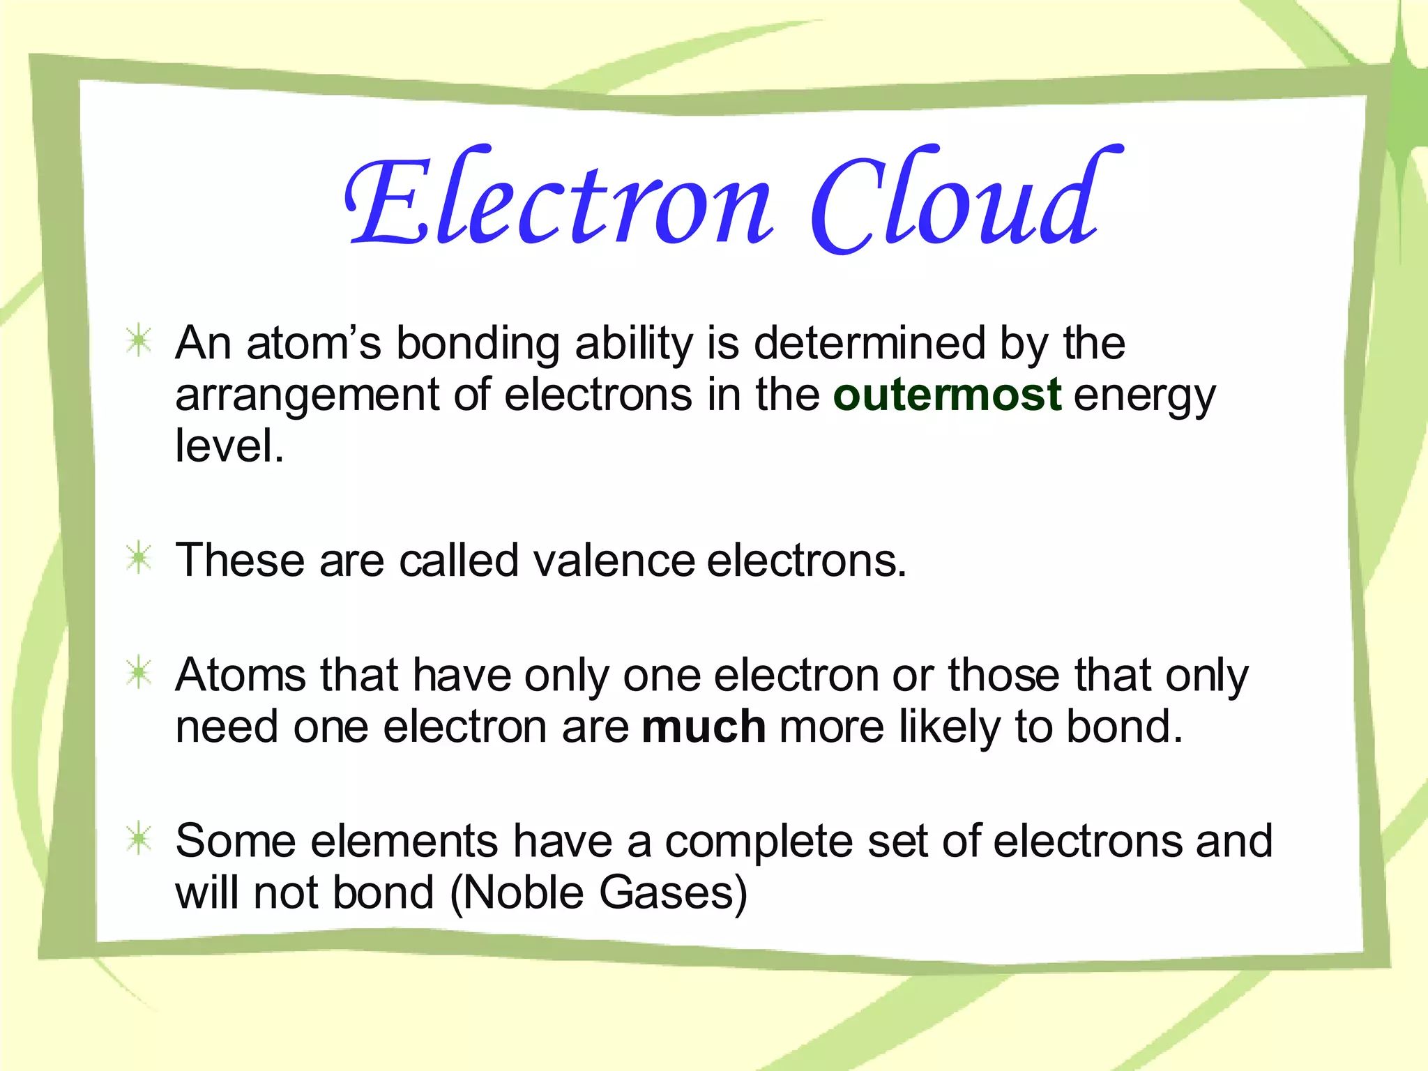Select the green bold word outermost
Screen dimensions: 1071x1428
[947, 395]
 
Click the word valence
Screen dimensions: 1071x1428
[614, 560]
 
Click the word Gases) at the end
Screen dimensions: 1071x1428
[673, 892]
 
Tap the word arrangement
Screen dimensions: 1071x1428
[307, 396]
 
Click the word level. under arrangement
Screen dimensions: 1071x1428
[229, 446]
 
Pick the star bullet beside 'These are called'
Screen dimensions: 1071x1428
[139, 559]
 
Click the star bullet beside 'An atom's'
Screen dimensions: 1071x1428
[139, 342]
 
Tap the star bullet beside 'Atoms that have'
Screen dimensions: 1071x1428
[139, 674]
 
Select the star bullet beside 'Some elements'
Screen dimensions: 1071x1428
[139, 840]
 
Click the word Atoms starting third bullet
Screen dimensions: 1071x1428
[241, 675]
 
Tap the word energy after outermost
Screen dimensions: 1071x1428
[1144, 396]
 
